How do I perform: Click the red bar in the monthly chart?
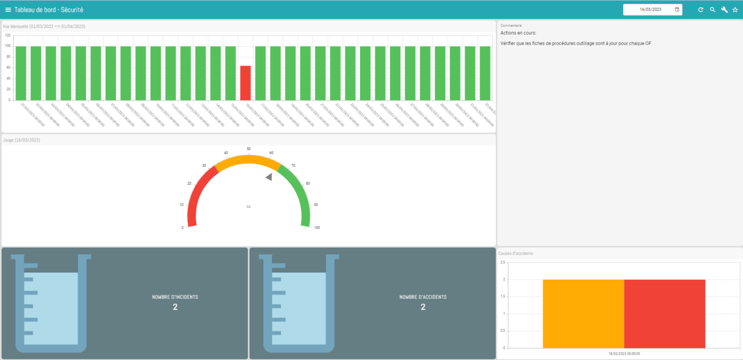click(x=246, y=83)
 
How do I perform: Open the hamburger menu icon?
click(x=8, y=9)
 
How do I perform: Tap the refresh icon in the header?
click(x=700, y=9)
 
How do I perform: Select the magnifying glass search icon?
click(x=712, y=9)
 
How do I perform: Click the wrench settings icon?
click(x=724, y=9)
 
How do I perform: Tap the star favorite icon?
click(x=735, y=9)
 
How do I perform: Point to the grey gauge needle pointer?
click(x=269, y=177)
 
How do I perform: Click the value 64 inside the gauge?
click(x=249, y=206)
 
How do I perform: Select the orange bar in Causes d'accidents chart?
click(x=583, y=314)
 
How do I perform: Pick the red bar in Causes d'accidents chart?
click(x=664, y=314)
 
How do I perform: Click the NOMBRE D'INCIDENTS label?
click(x=175, y=297)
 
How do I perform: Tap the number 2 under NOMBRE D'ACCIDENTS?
click(x=423, y=307)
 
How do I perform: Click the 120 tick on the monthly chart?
click(x=7, y=36)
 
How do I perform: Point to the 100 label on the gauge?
click(x=317, y=228)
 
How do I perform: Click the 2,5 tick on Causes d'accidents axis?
click(x=502, y=262)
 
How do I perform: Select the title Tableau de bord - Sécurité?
click(x=49, y=9)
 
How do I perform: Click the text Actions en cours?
click(x=515, y=33)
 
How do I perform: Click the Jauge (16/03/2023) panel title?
click(x=21, y=140)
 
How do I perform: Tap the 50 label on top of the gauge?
click(x=249, y=149)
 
